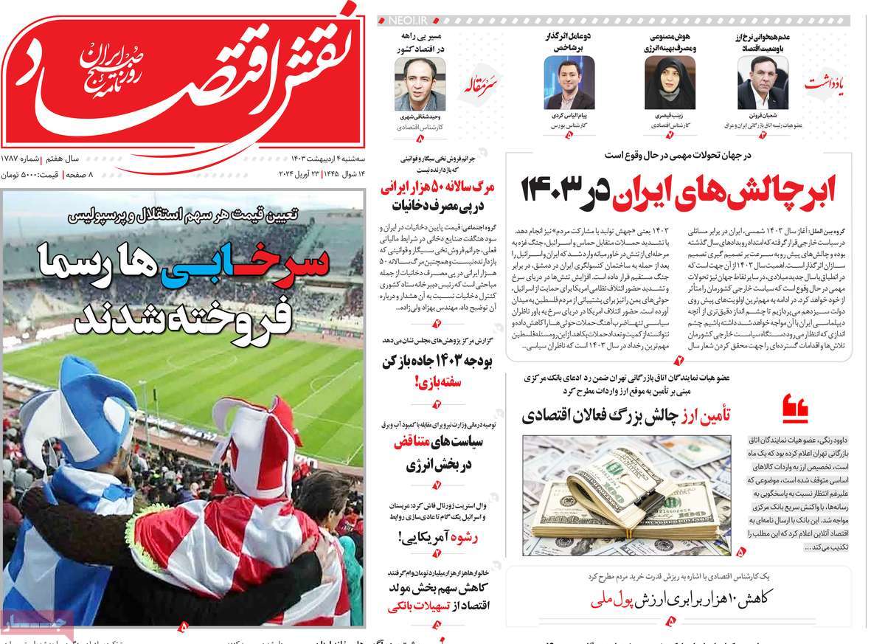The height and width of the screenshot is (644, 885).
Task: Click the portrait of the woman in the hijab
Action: pos(669,83)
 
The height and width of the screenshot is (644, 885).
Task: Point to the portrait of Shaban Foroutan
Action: pos(763,83)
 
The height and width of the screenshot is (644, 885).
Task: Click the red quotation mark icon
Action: pos(794,406)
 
